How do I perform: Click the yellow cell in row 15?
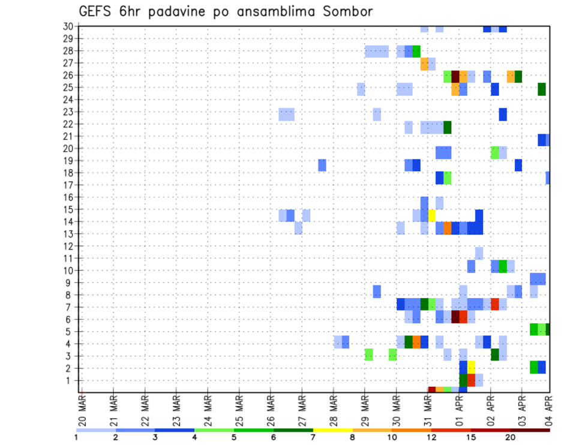click(431, 215)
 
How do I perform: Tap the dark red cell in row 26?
click(455, 76)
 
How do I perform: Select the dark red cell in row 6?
click(455, 316)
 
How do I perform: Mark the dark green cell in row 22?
click(447, 127)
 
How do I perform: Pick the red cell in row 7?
click(494, 304)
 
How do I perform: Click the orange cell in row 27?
click(424, 64)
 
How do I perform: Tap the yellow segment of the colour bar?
click(332, 430)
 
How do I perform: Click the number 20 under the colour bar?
click(510, 438)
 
